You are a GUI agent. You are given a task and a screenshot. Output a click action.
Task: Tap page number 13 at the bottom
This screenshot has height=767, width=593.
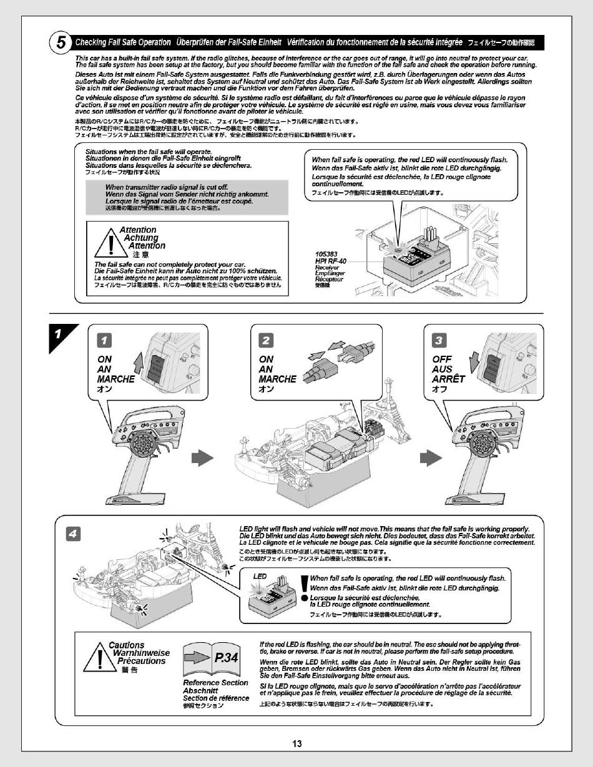[296, 743]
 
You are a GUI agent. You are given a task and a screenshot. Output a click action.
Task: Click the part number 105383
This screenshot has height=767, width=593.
[327, 254]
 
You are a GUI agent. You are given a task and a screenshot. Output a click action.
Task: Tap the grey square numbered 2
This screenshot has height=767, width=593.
[267, 340]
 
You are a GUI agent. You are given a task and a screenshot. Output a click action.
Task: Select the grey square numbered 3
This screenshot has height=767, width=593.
[440, 340]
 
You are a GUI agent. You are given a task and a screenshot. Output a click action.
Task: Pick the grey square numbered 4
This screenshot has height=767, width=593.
[74, 534]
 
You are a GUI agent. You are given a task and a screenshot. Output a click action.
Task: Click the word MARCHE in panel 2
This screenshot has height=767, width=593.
[277, 379]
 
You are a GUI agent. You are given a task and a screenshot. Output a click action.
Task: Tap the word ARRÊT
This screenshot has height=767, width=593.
[448, 379]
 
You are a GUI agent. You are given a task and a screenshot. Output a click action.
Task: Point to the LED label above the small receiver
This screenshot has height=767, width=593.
[260, 575]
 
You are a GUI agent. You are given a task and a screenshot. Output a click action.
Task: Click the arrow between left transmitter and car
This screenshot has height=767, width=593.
[198, 458]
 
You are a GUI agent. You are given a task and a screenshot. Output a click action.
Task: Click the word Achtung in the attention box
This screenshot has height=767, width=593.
[140, 238]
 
